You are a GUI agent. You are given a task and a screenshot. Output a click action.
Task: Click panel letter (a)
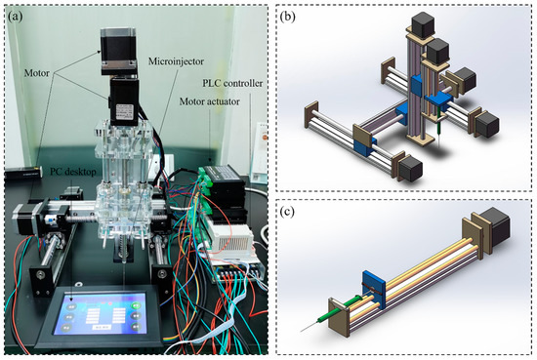pyautogui.click(x=18, y=16)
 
